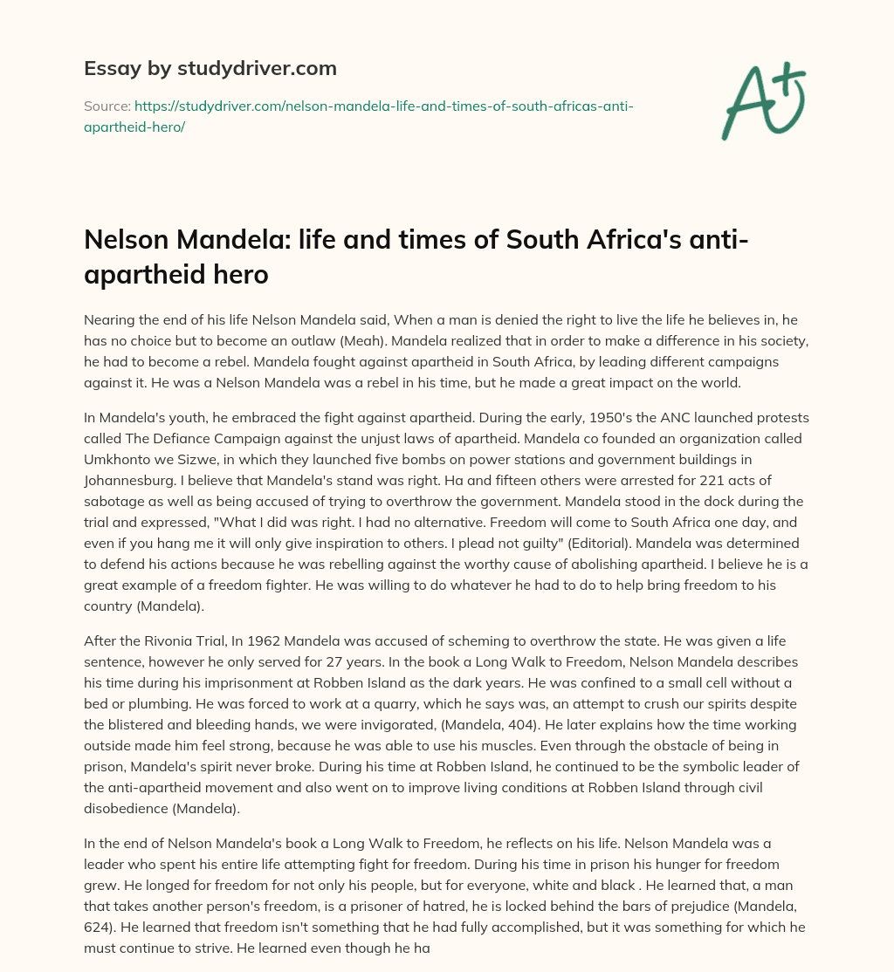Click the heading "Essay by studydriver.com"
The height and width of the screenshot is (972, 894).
pyautogui.click(x=210, y=68)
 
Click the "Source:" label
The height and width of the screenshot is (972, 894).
pyautogui.click(x=107, y=106)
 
